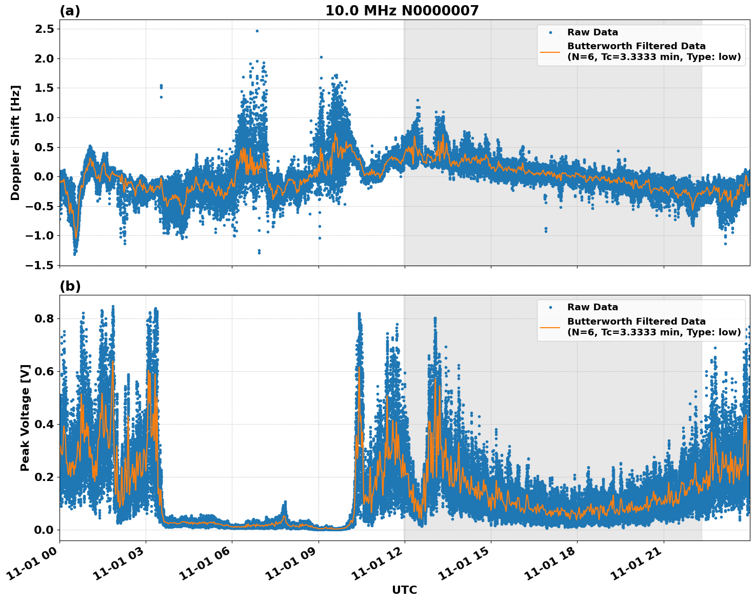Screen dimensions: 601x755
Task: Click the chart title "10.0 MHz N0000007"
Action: [x=402, y=11]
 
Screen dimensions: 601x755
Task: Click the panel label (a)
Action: [x=70, y=11]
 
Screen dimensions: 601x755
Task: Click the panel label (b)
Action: [x=70, y=286]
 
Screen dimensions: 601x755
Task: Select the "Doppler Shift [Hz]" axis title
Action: [x=15, y=143]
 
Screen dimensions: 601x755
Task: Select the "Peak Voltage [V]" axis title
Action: [x=25, y=417]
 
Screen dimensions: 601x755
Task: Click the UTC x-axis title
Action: [x=404, y=590]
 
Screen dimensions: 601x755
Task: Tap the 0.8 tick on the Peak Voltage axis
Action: [x=44, y=319]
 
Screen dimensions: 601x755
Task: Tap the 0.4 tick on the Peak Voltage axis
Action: [x=44, y=425]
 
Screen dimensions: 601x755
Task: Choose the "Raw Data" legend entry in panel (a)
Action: [x=592, y=32]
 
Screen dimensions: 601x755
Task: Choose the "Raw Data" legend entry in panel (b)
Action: [x=592, y=307]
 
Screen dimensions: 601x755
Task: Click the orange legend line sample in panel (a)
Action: [x=550, y=51]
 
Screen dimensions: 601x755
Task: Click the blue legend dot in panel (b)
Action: [x=550, y=307]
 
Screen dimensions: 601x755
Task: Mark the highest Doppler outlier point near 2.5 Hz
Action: [x=257, y=31]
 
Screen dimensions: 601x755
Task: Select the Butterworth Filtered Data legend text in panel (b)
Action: [x=653, y=327]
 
